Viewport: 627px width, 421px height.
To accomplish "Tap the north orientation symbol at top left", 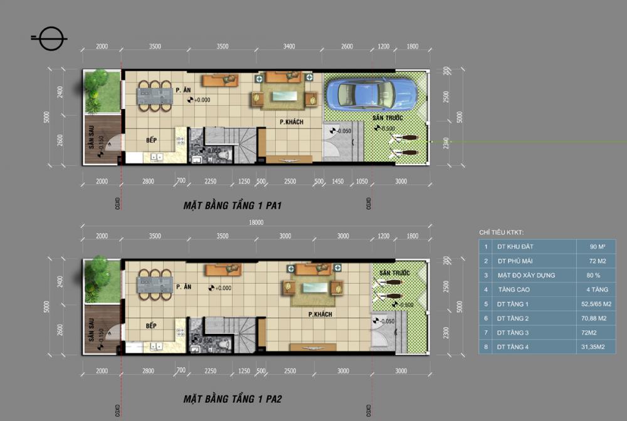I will click(x=50, y=38).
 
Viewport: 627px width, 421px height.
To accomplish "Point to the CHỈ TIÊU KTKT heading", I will click(x=501, y=232).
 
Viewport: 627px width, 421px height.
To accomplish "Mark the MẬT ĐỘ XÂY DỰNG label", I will click(x=526, y=275).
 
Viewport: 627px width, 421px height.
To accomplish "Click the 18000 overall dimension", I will click(x=256, y=222).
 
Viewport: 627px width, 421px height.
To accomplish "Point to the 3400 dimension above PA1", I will click(x=289, y=46).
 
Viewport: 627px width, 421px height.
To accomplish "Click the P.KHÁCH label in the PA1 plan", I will click(x=292, y=122).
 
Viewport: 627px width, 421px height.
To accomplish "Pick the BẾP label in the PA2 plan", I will click(x=151, y=326).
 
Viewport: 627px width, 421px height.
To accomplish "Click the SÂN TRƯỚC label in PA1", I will click(x=386, y=118).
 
